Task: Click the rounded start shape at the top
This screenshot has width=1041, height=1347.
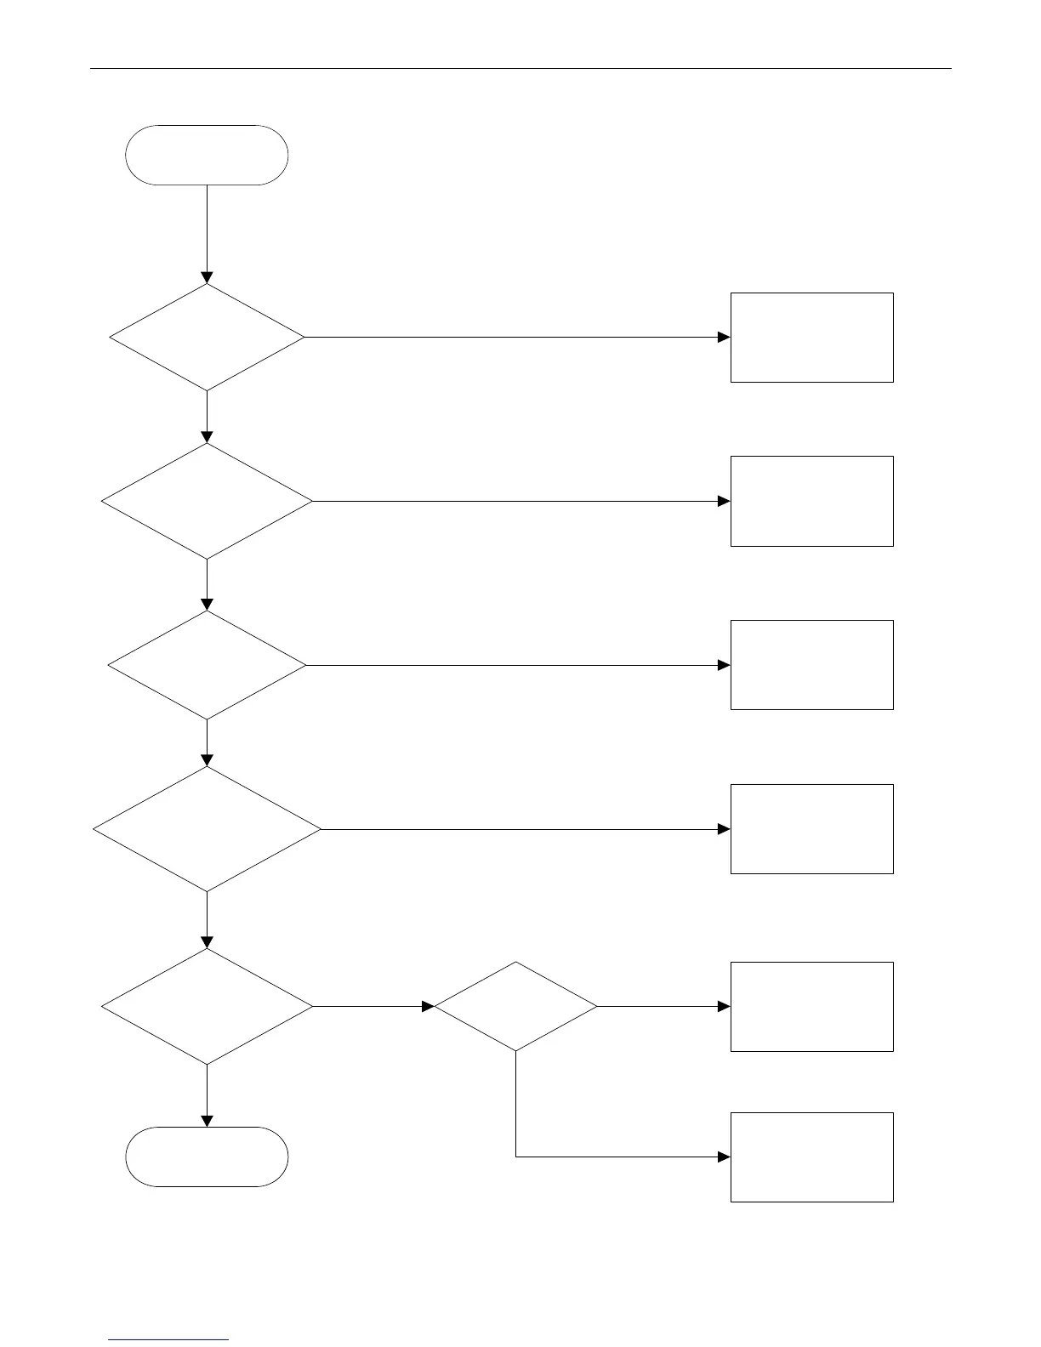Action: point(207,155)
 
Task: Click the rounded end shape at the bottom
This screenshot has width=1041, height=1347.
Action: point(207,1157)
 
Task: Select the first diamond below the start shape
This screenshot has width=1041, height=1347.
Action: point(207,338)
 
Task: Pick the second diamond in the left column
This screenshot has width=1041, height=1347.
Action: point(207,501)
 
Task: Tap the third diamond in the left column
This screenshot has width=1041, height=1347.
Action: point(207,665)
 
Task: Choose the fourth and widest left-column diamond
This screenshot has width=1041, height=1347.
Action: point(207,829)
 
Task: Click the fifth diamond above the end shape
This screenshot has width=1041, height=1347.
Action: point(207,1007)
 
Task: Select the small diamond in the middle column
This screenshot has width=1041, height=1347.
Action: point(515,1007)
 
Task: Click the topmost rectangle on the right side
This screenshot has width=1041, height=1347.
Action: point(811,338)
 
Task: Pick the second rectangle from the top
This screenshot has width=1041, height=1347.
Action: point(811,501)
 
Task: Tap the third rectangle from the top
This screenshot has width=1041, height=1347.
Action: point(811,665)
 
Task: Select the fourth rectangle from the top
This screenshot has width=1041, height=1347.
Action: point(811,829)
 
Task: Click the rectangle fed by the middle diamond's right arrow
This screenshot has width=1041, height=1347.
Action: point(811,1007)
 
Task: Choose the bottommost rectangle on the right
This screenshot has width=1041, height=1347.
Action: point(811,1157)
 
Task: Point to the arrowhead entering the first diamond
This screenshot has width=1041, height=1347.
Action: point(207,278)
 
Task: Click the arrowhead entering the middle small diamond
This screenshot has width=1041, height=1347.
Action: point(428,1007)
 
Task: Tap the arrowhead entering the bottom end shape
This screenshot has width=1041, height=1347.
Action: point(207,1122)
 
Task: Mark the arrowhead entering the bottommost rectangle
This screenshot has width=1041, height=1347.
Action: point(724,1157)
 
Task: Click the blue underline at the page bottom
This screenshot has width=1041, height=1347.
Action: point(169,1340)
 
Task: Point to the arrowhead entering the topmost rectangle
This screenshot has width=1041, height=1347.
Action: point(724,338)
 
